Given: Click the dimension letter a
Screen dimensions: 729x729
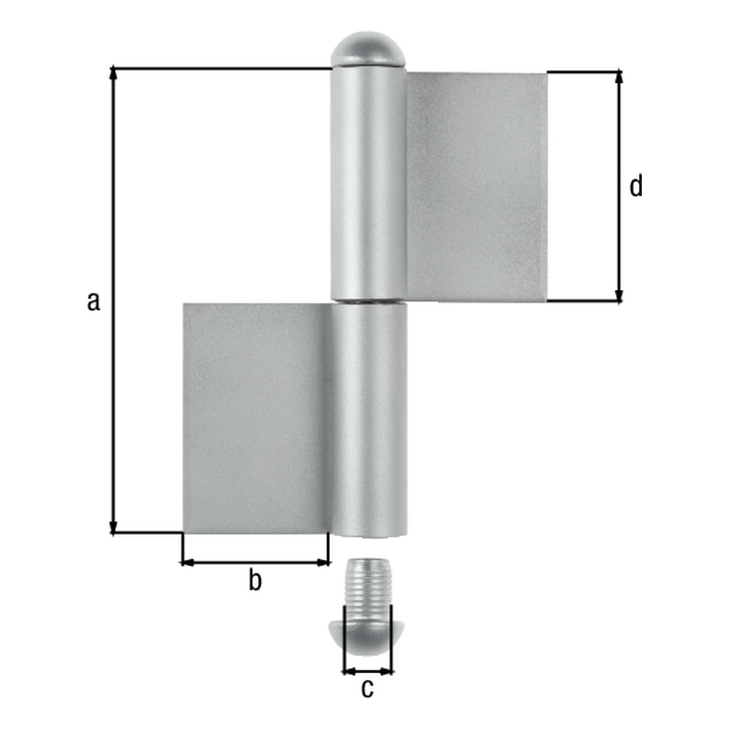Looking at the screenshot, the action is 94,301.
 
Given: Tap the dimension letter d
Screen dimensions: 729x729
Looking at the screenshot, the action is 636,185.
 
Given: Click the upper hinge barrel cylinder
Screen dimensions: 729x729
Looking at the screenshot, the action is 368,183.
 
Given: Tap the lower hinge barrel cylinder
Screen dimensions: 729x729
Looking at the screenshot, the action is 369,420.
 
